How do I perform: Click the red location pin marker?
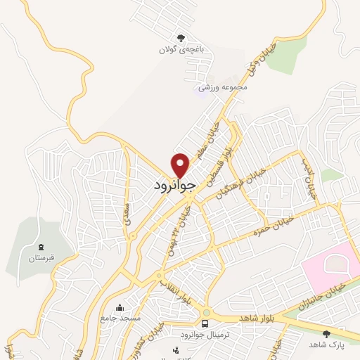tap(181, 165)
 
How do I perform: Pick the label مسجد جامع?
tap(120, 319)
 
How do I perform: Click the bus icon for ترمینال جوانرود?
tap(205, 323)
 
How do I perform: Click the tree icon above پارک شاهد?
tap(326, 333)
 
